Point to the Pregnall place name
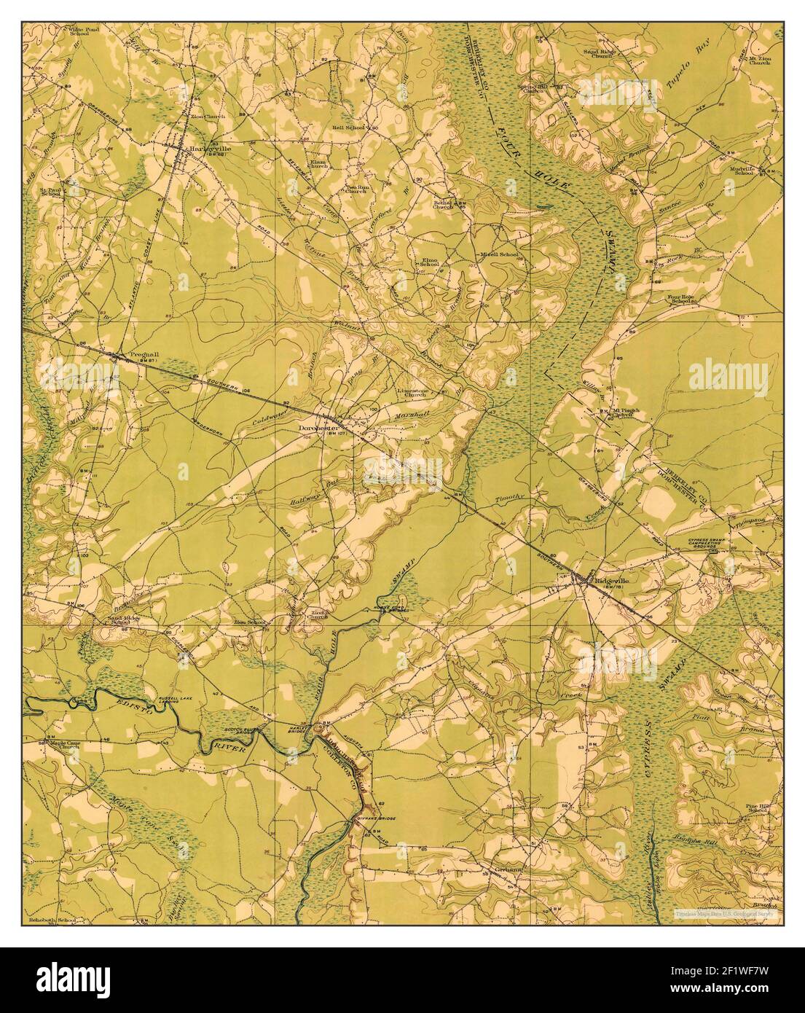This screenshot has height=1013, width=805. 144,356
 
